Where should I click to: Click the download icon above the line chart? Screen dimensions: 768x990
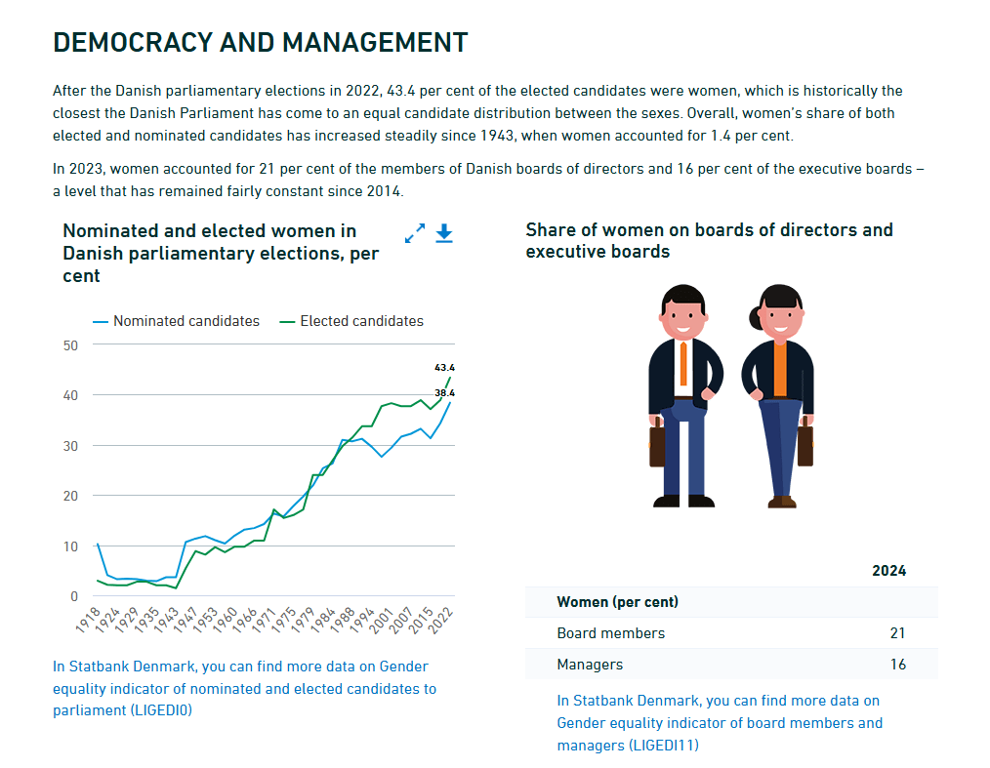point(444,233)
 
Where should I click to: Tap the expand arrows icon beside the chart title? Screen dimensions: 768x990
point(415,233)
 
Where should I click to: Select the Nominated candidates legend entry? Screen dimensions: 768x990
point(186,321)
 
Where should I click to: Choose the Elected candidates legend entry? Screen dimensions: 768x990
point(361,321)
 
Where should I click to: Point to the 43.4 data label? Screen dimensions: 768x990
point(444,368)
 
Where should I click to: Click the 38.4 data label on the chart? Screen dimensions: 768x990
point(444,392)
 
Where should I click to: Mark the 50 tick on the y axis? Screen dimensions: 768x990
point(69,345)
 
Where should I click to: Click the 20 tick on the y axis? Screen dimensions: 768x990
point(69,496)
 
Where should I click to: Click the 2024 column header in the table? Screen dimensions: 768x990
point(888,571)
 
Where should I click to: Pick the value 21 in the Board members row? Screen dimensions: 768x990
point(897,633)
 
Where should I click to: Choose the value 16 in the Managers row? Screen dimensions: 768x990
point(897,665)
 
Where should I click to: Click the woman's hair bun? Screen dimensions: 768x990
point(755,317)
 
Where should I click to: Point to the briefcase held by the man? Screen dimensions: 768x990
point(657,444)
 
